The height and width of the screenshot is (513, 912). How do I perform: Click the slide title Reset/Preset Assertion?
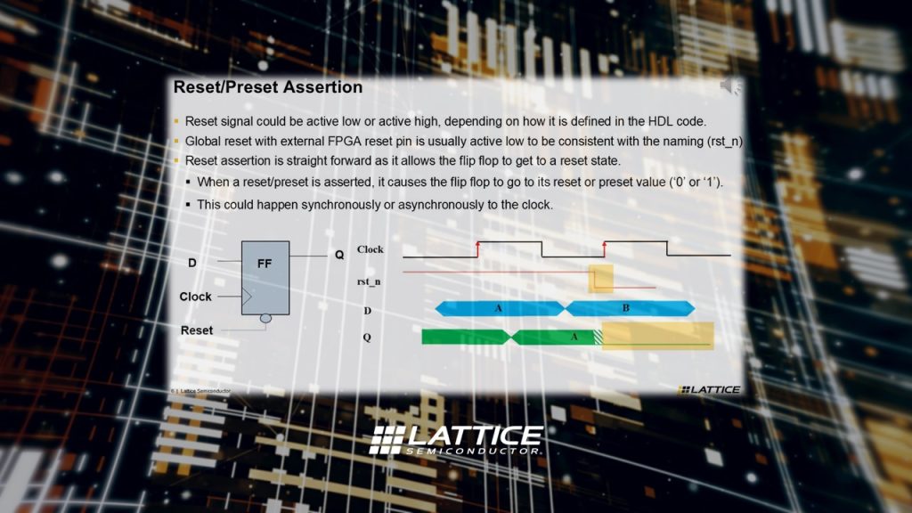pyautogui.click(x=267, y=87)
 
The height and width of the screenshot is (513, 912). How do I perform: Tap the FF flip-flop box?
pyautogui.click(x=265, y=278)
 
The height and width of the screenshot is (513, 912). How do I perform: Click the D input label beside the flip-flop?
pyautogui.click(x=192, y=263)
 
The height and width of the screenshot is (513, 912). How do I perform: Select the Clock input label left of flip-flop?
pyautogui.click(x=195, y=297)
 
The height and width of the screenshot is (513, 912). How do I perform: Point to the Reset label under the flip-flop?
pyautogui.click(x=197, y=330)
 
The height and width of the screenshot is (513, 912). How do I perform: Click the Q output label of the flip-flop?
pyautogui.click(x=339, y=255)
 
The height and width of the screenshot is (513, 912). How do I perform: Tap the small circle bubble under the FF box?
pyautogui.click(x=265, y=318)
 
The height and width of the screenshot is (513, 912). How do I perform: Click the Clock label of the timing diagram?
pyautogui.click(x=370, y=249)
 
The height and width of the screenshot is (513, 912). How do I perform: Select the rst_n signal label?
pyautogui.click(x=369, y=281)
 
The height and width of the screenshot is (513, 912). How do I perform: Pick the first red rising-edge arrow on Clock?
pyautogui.click(x=478, y=248)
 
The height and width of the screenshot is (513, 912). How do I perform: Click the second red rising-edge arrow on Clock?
pyautogui.click(x=605, y=248)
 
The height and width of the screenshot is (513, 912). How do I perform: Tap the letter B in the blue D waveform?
pyautogui.click(x=626, y=307)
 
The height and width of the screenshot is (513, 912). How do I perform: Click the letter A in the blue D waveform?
pyautogui.click(x=499, y=307)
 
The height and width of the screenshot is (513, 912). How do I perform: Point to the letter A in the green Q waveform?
pyautogui.click(x=574, y=337)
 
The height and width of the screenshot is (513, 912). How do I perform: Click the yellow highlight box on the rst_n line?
pyautogui.click(x=601, y=278)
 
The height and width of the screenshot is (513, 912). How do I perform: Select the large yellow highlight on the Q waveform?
pyautogui.click(x=658, y=336)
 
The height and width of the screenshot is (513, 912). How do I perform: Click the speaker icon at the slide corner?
pyautogui.click(x=730, y=86)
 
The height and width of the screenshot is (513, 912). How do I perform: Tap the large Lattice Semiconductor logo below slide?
pyautogui.click(x=456, y=440)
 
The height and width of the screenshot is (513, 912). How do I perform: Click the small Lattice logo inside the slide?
pyautogui.click(x=709, y=389)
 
